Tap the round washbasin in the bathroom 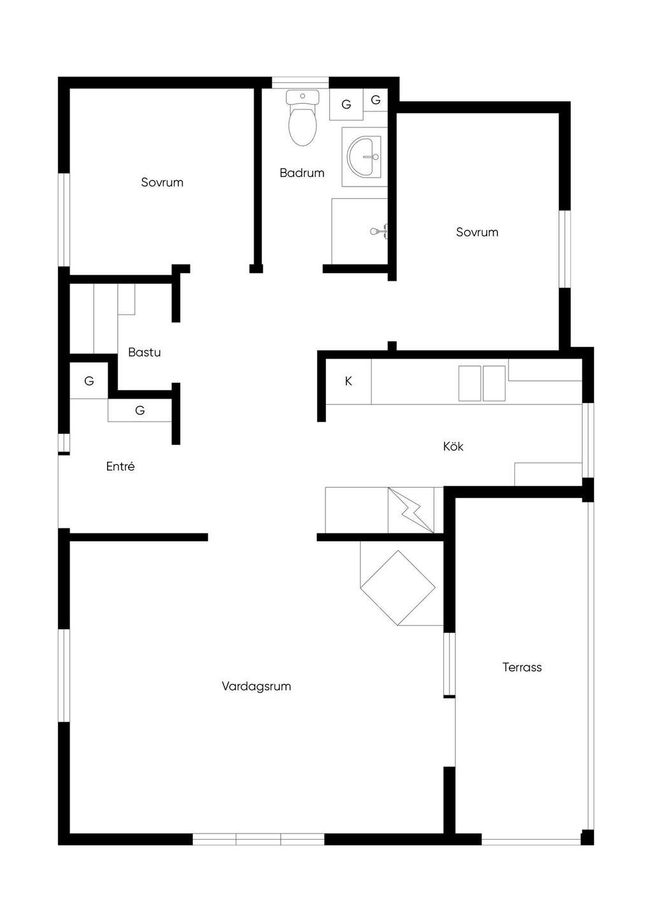tap(364, 157)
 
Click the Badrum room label tap(302, 173)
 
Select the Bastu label tap(144, 352)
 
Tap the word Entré tap(120, 466)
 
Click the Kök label tap(453, 446)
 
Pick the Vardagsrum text tap(256, 686)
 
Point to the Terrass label tap(522, 667)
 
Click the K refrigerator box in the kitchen tap(349, 381)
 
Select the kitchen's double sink tap(482, 383)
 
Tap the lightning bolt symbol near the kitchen tap(411, 511)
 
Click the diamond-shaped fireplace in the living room tap(397, 588)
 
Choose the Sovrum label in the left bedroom tap(162, 182)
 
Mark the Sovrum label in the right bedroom tap(477, 232)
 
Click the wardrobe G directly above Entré tap(140, 410)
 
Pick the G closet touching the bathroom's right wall tap(376, 100)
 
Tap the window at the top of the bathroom tap(300, 83)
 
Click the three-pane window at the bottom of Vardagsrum tap(259, 839)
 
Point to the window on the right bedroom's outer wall tap(564, 249)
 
